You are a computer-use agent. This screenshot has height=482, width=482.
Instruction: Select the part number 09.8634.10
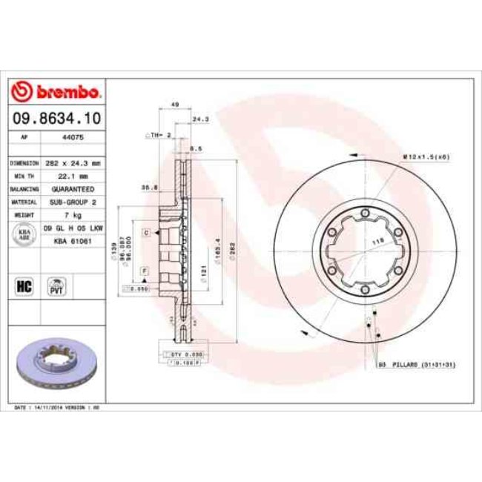(56, 117)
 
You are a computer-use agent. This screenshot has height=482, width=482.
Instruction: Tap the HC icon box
(24, 285)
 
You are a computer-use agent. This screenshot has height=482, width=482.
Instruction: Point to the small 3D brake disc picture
(56, 365)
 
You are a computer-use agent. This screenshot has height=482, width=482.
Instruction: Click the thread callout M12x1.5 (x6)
(426, 156)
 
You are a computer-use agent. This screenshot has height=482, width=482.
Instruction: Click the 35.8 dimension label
(148, 188)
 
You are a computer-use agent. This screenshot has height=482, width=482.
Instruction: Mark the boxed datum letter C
(146, 232)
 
